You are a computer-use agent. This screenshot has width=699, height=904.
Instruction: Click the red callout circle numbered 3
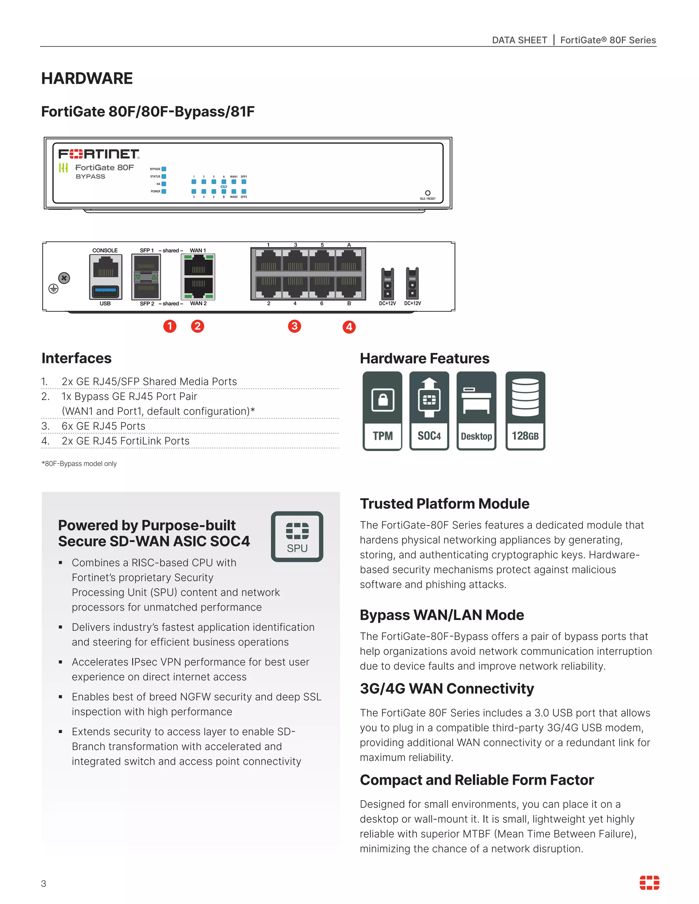tap(295, 326)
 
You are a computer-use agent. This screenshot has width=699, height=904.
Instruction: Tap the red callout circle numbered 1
tap(170, 326)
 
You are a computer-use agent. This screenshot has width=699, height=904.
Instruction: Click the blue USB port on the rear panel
tap(105, 291)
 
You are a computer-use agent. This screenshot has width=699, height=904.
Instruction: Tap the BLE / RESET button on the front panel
tap(428, 193)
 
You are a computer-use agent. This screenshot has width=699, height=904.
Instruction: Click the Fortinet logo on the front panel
tap(99, 155)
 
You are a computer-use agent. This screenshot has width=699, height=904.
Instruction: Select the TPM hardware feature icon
tap(382, 411)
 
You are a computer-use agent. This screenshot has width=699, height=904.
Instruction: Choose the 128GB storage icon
tap(525, 411)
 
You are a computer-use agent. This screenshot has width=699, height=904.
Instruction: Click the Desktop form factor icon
tap(476, 411)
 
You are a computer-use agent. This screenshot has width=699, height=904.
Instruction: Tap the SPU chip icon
tap(297, 537)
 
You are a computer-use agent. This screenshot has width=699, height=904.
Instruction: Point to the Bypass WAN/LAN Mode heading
tap(441, 615)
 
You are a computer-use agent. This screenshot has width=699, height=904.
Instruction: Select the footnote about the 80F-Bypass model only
tap(79, 464)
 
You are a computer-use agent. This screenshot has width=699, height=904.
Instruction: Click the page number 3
tap(43, 884)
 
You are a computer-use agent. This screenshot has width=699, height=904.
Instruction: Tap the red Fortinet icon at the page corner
tap(649, 883)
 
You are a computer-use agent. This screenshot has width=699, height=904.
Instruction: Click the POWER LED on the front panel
tap(164, 191)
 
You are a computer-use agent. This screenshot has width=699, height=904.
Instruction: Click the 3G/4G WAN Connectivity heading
tap(446, 688)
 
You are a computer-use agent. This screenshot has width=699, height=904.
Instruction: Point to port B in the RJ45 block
tap(349, 287)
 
